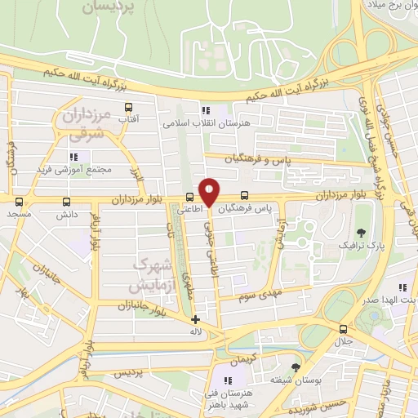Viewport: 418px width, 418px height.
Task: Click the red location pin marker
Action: (210, 193)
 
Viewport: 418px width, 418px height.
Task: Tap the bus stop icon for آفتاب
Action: (128, 107)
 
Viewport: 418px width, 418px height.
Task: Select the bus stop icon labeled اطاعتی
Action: (189, 197)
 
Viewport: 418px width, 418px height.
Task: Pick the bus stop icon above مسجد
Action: (16, 201)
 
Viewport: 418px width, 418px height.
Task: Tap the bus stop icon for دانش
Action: (66, 202)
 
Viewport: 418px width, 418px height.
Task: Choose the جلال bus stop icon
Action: (342, 329)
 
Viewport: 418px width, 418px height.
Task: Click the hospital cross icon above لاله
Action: (194, 320)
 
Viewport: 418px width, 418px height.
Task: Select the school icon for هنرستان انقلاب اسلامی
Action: (205, 110)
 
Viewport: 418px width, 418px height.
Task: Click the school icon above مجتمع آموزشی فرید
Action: (73, 157)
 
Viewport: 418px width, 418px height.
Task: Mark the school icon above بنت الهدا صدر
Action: (402, 288)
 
